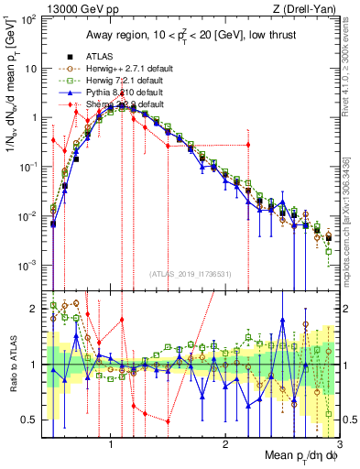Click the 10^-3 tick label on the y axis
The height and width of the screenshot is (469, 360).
[29, 266]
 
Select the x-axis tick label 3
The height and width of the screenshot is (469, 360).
[340, 444]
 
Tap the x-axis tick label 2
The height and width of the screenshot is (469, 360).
[225, 444]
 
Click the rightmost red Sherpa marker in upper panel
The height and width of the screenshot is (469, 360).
[248, 145]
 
